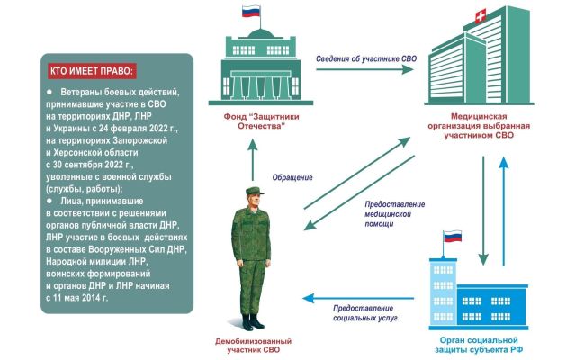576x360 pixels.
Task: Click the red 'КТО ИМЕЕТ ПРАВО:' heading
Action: (x=92, y=71)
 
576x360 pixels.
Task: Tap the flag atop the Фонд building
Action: (x=251, y=11)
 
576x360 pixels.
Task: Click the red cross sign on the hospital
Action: (x=481, y=16)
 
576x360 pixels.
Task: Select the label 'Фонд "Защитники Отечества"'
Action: (x=262, y=121)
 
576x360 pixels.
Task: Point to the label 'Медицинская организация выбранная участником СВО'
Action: (x=479, y=126)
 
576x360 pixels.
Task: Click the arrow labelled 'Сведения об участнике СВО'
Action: (x=365, y=69)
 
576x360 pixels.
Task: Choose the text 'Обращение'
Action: (x=292, y=177)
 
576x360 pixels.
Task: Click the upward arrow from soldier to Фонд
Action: (x=252, y=160)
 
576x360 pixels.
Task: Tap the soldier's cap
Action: (x=254, y=191)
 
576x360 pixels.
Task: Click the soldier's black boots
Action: (x=252, y=322)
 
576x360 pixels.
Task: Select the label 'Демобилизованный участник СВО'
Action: (x=254, y=346)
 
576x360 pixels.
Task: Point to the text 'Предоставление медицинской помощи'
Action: (x=395, y=214)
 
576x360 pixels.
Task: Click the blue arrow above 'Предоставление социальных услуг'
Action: (x=358, y=298)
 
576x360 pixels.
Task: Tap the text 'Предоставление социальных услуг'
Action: (x=365, y=313)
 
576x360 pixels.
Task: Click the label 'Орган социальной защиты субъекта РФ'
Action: (x=479, y=345)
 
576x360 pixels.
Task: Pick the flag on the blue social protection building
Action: (x=452, y=237)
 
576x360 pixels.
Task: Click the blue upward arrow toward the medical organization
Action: (x=504, y=211)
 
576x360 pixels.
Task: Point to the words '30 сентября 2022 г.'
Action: (x=94, y=165)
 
